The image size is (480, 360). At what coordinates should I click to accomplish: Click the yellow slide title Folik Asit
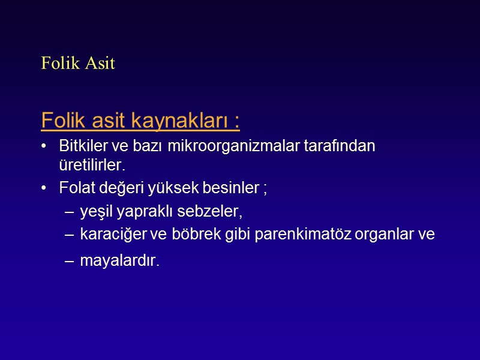(x=78, y=63)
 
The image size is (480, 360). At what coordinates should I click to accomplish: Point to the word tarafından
(x=347, y=147)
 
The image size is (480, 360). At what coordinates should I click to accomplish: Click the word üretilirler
(x=93, y=164)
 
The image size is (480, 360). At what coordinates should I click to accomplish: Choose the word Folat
(x=74, y=188)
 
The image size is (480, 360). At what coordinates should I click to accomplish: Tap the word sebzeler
(x=213, y=212)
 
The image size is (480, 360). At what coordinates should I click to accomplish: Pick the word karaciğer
(x=110, y=235)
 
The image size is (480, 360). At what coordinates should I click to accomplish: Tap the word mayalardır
(x=120, y=262)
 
